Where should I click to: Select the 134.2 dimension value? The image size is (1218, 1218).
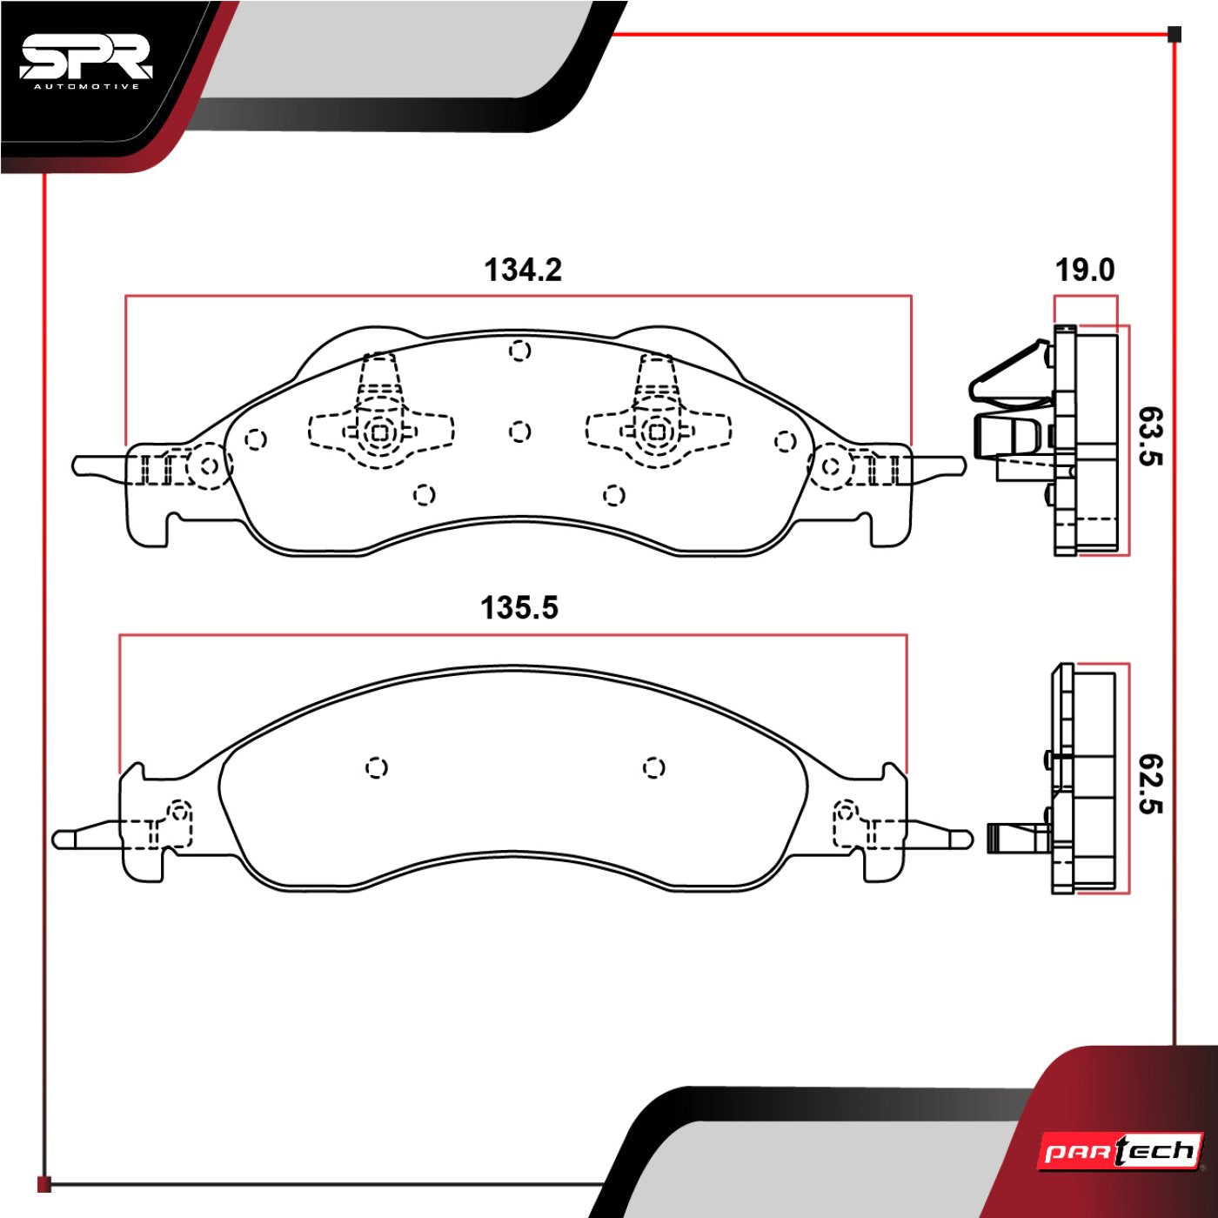coord(523,270)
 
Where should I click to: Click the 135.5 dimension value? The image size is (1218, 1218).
coord(519,607)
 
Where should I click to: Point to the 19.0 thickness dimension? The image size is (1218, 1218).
coord(1084,271)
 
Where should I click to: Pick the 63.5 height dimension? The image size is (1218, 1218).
coord(1149,436)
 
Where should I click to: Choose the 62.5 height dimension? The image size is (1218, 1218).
coord(1149,784)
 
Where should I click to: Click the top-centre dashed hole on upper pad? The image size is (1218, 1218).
coord(519,351)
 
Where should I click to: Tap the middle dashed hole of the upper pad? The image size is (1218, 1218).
coord(519,432)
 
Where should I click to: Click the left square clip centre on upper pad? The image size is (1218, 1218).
coord(380,431)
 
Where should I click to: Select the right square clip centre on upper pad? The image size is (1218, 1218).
coord(658,431)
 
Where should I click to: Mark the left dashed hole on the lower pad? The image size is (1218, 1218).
coord(376,767)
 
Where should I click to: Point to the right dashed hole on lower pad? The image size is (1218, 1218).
coord(653,767)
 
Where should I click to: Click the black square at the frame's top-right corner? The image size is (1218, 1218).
coord(1174,35)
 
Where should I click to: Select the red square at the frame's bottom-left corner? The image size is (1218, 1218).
coord(44,1184)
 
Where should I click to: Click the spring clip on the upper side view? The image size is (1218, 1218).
coord(1009,374)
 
